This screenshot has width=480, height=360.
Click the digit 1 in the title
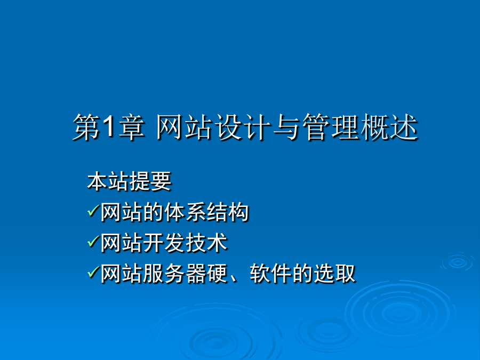pyautogui.click(x=109, y=127)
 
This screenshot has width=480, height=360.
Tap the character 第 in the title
pyautogui.click(x=86, y=127)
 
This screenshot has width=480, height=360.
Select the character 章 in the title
pyautogui.click(x=131, y=127)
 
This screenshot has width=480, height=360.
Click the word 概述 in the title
pyautogui.click(x=389, y=127)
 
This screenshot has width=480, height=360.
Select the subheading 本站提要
pyautogui.click(x=129, y=181)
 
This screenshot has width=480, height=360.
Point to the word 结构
pyautogui.click(x=227, y=212)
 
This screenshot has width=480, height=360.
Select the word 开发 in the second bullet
pyautogui.click(x=164, y=243)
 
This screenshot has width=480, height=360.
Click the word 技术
pyautogui.click(x=206, y=243)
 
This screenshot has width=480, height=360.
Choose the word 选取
pyautogui.click(x=334, y=274)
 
